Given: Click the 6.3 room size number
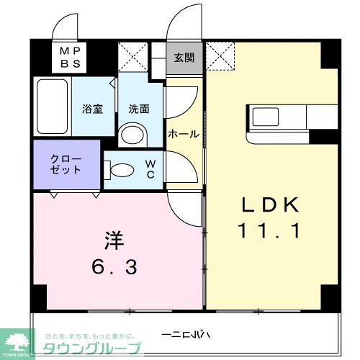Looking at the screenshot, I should [114, 267].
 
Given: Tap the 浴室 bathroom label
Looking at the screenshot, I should [93, 109].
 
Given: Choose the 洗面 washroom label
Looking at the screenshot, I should [139, 109].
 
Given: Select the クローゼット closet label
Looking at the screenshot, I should [66, 165].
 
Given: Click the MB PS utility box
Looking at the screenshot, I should [70, 56].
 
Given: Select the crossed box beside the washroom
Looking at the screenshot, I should [133, 57].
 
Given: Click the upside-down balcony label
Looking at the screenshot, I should [186, 334].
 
